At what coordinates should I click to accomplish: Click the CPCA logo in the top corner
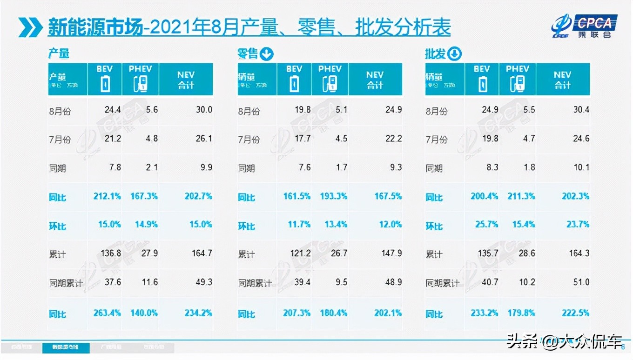click(x=584, y=26)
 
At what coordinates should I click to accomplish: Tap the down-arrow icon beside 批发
click(x=454, y=54)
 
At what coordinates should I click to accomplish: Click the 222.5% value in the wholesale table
click(x=575, y=313)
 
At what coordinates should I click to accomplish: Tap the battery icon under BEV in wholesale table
click(x=484, y=85)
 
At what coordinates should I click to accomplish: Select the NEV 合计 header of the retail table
click(x=375, y=80)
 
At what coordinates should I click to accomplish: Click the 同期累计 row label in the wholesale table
click(x=442, y=283)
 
